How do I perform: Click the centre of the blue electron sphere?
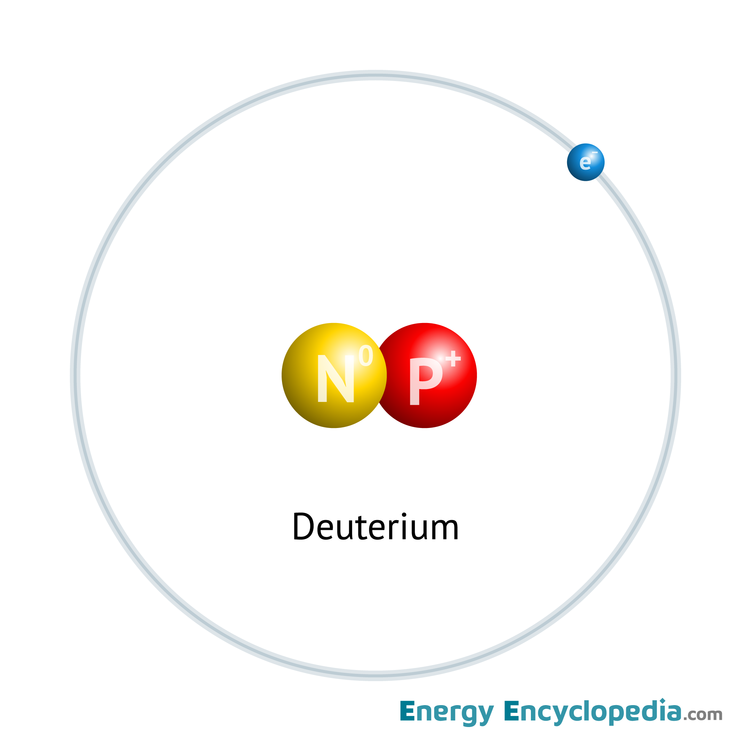(586, 162)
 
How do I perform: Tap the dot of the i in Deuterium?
(404, 515)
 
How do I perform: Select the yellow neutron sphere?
(334, 375)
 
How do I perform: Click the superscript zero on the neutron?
(366, 355)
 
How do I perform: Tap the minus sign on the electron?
(595, 152)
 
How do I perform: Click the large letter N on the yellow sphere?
(336, 379)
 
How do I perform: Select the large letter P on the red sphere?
(426, 381)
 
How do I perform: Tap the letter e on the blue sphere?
(585, 163)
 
